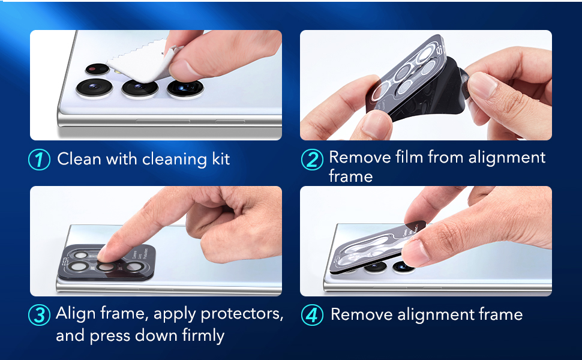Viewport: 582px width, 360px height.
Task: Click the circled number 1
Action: [x=40, y=160]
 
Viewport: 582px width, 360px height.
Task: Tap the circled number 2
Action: [x=312, y=160]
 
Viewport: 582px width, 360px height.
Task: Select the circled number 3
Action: [x=40, y=315]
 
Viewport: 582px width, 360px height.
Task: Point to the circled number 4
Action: [x=312, y=315]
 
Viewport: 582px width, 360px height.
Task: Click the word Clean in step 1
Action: [x=79, y=159]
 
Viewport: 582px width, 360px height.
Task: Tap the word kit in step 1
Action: [x=221, y=159]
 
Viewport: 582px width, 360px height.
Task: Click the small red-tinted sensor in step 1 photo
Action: [x=97, y=69]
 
